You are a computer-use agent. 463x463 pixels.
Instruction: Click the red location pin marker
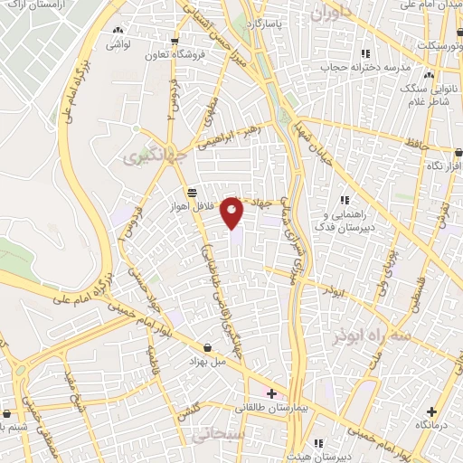click(232, 212)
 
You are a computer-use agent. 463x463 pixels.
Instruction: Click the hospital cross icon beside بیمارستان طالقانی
click(272, 393)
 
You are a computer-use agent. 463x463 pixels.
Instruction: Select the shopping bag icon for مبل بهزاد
click(210, 346)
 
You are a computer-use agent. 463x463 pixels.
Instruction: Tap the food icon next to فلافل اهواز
click(192, 193)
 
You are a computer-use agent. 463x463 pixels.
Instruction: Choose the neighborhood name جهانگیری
click(148, 157)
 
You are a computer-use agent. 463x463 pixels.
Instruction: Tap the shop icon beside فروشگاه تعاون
click(174, 41)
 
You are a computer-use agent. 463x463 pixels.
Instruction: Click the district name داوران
click(333, 14)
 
